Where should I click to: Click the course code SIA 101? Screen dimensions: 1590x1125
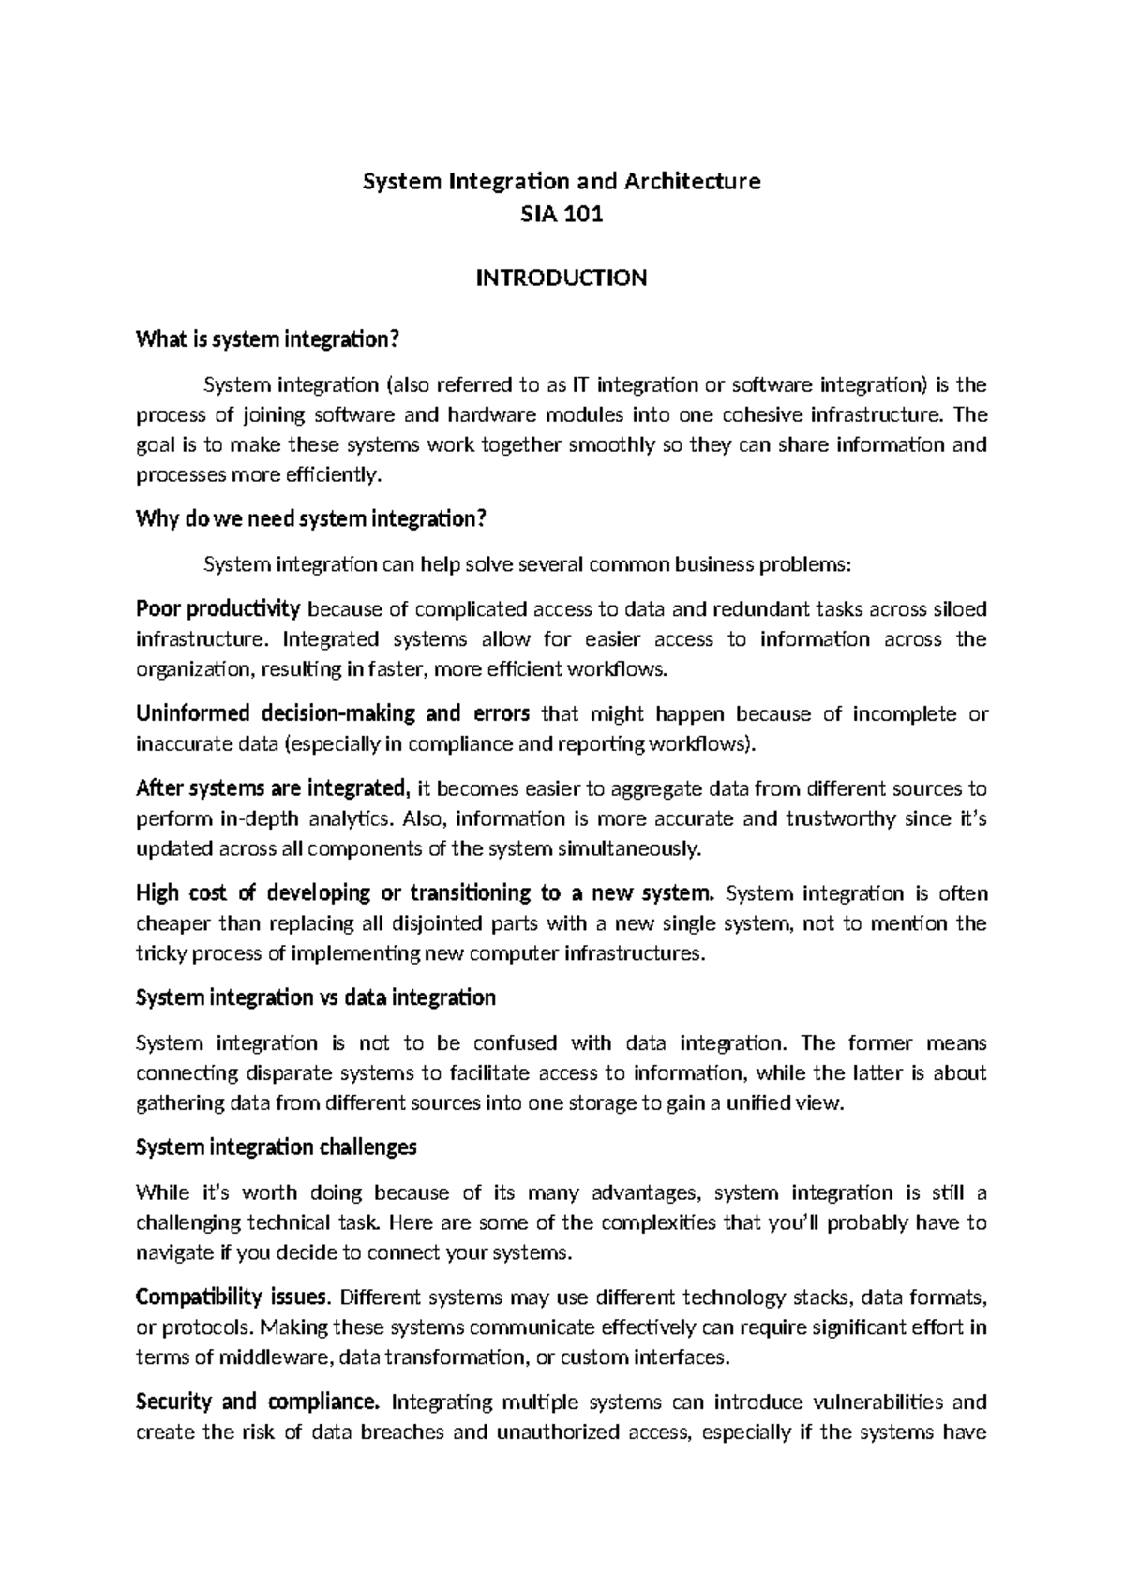pos(562,215)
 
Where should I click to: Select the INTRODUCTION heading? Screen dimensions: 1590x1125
pos(562,277)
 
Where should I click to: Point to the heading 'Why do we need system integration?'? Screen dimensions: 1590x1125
pos(312,518)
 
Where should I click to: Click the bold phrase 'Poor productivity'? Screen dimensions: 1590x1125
pos(217,609)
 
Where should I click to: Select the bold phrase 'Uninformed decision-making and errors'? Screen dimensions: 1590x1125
pos(333,713)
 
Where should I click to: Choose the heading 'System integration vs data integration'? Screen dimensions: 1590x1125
pos(315,997)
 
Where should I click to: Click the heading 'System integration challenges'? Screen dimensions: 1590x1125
pos(276,1147)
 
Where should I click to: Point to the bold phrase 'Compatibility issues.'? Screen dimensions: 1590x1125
pos(233,1297)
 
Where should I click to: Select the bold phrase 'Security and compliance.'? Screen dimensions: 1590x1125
pos(258,1402)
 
